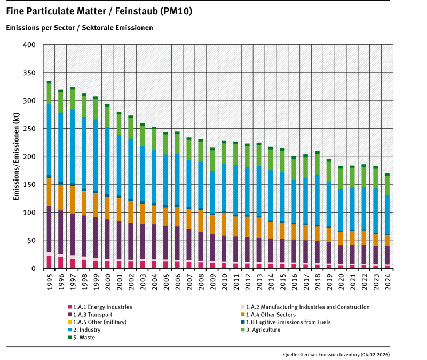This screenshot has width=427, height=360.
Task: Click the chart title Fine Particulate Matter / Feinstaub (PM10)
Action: click(99, 11)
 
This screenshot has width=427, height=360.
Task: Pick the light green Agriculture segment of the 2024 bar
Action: click(387, 185)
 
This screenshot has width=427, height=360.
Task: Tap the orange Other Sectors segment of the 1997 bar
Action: click(72, 200)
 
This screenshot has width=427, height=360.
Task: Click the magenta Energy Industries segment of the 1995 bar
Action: click(49, 262)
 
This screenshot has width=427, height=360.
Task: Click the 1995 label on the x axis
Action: click(49, 279)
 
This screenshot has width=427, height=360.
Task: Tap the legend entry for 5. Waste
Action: click(85, 337)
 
